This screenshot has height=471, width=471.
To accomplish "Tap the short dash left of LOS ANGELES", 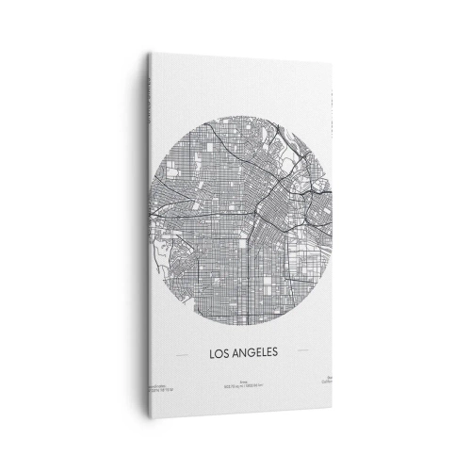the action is tap(181, 356).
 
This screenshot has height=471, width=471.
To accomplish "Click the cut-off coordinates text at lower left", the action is tap(154, 387).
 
